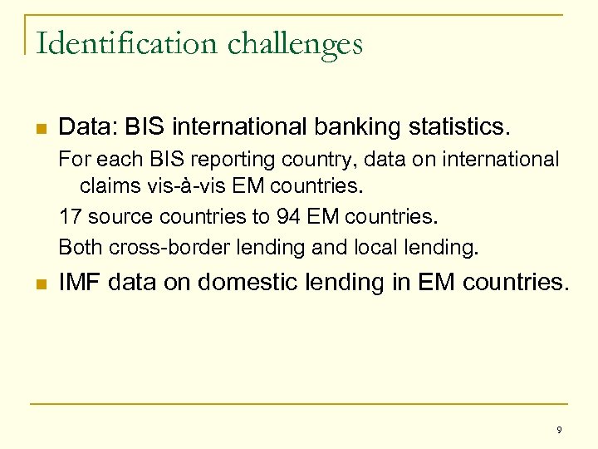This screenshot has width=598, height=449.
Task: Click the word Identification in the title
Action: click(x=103, y=43)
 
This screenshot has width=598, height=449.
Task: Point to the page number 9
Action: click(x=559, y=430)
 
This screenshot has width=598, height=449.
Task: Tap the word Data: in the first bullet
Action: click(x=87, y=127)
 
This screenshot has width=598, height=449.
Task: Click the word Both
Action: click(x=78, y=247)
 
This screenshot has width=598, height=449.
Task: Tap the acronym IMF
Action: click(x=79, y=284)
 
